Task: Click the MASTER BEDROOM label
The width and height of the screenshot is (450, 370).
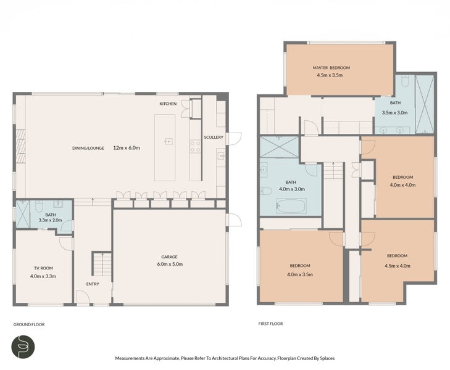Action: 331,67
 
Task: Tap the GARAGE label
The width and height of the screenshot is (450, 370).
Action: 169,257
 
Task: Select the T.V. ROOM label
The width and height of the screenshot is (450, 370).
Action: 43,269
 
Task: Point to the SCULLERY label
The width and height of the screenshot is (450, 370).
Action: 214,138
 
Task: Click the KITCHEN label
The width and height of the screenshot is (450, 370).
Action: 168,104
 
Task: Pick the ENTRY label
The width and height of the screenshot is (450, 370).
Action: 93,284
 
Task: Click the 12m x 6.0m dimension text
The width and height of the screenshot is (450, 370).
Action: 127,148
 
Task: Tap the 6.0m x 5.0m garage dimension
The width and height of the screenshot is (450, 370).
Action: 169,264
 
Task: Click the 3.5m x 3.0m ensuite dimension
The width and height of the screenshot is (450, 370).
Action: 395,113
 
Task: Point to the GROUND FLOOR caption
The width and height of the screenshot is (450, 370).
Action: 29,324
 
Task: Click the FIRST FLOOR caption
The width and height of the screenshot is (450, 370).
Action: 270,323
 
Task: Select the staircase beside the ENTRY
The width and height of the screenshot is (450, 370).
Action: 99,263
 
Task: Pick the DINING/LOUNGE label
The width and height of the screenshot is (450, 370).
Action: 88,148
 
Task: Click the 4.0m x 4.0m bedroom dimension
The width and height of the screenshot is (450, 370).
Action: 401,184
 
